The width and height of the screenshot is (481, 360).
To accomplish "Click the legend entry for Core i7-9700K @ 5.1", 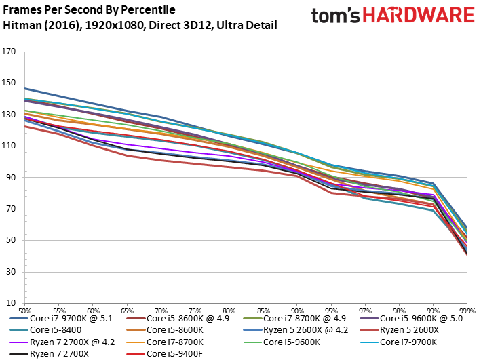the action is pyautogui.click(x=61, y=319).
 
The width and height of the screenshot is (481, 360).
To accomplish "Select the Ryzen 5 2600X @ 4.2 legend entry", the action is pyautogui.click(x=295, y=330).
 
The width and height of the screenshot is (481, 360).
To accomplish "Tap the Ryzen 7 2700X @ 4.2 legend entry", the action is pyautogui.click(x=62, y=342).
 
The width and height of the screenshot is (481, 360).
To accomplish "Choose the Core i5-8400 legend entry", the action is pyautogui.click(x=45, y=330).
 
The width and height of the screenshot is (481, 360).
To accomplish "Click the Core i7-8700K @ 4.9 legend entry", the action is pyautogui.click(x=294, y=319).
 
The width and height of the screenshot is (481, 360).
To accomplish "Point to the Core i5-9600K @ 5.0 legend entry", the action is pyautogui.click(x=411, y=319).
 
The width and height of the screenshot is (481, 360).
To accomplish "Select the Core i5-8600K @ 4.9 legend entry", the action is pyautogui.click(x=178, y=319).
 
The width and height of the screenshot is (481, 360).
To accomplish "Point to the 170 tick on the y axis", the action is pyautogui.click(x=9, y=52).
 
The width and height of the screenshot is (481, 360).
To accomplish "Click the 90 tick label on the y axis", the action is pyautogui.click(x=11, y=177).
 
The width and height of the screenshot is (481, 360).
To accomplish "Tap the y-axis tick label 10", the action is pyautogui.click(x=11, y=303).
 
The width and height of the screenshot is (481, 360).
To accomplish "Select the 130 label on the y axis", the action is pyautogui.click(x=9, y=115).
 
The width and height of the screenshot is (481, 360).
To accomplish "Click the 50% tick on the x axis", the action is pyautogui.click(x=24, y=311).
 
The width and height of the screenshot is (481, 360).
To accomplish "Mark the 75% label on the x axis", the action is pyautogui.click(x=195, y=311).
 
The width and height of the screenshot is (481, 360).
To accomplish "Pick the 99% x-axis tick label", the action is pyautogui.click(x=433, y=311).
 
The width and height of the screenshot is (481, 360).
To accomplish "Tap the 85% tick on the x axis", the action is pyautogui.click(x=263, y=311).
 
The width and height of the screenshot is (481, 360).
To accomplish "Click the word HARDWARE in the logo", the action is pyautogui.click(x=419, y=16).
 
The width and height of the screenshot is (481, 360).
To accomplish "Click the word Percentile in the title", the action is pyautogui.click(x=148, y=9).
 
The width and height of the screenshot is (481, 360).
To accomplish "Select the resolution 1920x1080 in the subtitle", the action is pyautogui.click(x=114, y=25).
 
